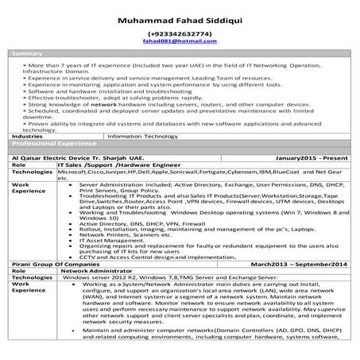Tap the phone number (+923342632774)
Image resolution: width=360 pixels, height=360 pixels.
pos(180,34)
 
